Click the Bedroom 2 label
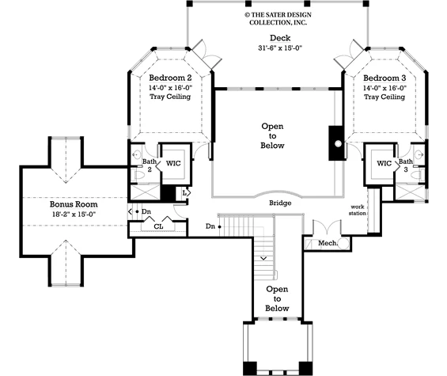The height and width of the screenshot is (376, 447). point(170,78)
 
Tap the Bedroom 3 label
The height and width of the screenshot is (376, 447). point(384,78)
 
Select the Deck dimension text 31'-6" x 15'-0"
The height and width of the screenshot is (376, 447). point(280,48)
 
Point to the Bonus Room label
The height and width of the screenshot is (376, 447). point(74,204)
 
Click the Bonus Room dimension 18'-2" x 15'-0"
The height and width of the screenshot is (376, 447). point(74,215)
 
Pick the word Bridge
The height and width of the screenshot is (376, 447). point(280,203)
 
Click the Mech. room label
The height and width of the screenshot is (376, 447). point(328,243)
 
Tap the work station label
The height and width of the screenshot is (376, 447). point(358,210)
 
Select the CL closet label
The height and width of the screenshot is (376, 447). point(158,226)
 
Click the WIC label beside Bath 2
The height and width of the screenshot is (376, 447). point(173,164)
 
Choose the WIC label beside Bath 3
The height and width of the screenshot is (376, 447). point(384,164)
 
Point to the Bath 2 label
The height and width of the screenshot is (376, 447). point(150,165)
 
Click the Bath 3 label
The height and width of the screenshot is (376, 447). point(406,165)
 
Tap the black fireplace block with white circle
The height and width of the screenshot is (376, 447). point(335,143)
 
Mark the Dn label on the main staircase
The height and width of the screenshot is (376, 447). point(210,226)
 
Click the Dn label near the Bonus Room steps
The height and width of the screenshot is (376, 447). point(146,211)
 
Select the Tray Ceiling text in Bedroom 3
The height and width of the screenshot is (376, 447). point(384,97)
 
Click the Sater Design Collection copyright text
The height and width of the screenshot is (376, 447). point(278,19)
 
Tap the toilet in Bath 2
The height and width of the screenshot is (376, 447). point(138,175)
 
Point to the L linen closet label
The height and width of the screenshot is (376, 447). point(184,193)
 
